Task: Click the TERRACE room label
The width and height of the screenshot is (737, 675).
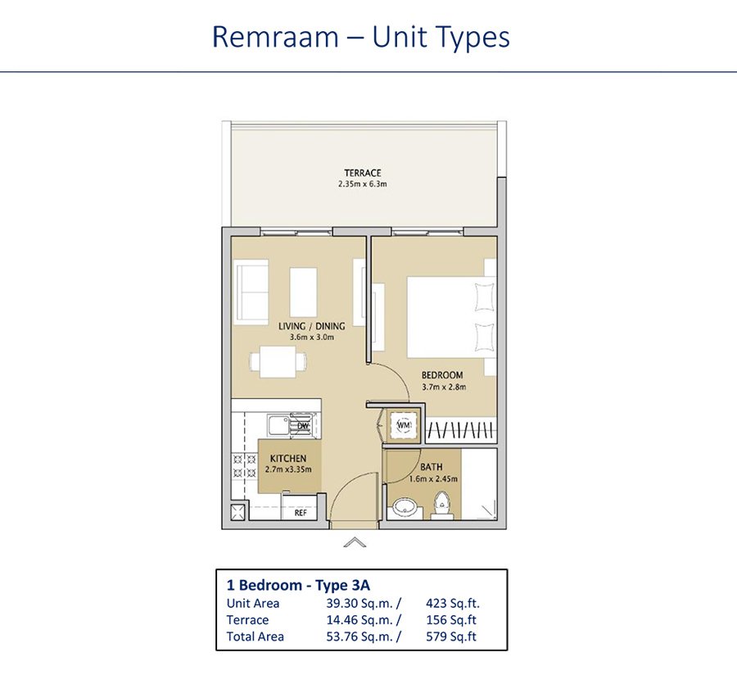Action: (363, 173)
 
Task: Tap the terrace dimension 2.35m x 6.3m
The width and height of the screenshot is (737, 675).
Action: (363, 184)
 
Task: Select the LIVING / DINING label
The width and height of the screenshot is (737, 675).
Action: (312, 326)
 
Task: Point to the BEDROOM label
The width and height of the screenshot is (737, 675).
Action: (442, 375)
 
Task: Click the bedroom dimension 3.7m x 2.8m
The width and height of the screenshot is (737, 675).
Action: (444, 387)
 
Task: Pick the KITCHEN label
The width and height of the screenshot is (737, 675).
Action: (288, 458)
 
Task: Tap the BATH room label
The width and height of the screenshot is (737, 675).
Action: (431, 467)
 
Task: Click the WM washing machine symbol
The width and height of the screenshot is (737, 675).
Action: (404, 425)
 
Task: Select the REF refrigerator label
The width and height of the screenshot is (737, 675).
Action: (301, 513)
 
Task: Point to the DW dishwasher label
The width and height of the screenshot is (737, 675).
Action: (303, 426)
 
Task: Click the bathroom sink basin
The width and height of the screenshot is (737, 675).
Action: (404, 508)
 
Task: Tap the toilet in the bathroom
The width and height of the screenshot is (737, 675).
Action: (441, 505)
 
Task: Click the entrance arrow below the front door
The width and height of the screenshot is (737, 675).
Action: (355, 542)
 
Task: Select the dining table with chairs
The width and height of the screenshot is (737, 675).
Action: (278, 362)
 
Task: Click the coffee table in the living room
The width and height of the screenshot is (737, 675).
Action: (303, 292)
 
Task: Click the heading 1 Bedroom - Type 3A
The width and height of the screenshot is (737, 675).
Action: (298, 585)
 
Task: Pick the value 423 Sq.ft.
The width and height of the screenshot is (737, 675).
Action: (453, 604)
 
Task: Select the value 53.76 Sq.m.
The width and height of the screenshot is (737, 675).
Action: (359, 636)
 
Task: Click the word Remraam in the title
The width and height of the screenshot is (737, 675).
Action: (275, 37)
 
